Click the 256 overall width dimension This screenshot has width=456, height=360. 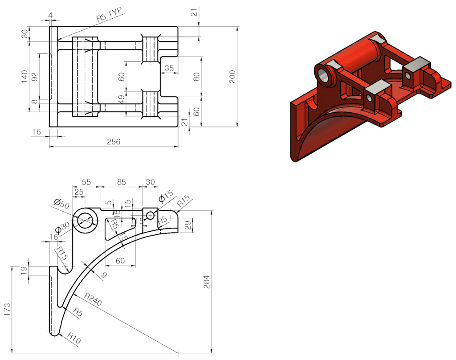pos(114,142)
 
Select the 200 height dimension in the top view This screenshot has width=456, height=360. pos(232,78)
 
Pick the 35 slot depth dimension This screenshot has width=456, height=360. pos(169,68)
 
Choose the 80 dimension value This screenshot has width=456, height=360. pos(196,76)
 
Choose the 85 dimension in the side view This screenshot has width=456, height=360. pos(121,182)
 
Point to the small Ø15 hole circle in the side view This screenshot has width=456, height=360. pos(151,216)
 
